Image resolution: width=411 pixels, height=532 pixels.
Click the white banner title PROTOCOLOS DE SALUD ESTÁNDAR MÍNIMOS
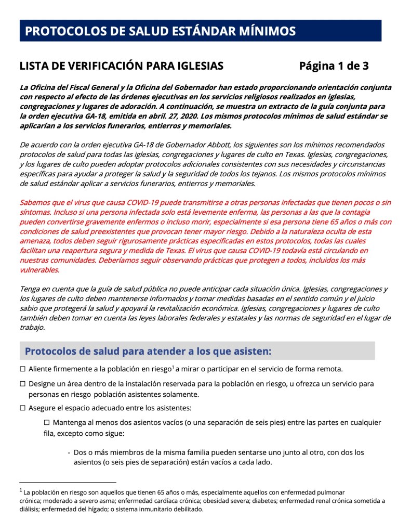coord(161,31)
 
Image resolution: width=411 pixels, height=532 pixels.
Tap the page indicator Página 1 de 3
coord(334,66)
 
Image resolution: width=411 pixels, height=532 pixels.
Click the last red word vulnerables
coord(39,270)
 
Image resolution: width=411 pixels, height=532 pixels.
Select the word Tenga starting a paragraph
coord(30,289)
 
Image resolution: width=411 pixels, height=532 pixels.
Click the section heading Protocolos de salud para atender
coord(148,351)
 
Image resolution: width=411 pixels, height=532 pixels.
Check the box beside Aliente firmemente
coord(23,369)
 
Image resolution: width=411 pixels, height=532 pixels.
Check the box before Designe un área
coord(23,384)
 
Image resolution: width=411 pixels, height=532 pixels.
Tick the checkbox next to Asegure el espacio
coord(23,407)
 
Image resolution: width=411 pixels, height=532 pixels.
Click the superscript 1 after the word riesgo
coord(174,367)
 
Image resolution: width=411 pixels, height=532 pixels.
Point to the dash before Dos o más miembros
coord(69,452)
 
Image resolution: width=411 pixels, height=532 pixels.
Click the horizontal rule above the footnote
coord(68,483)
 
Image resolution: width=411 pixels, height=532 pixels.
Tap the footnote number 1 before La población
coord(21,490)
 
